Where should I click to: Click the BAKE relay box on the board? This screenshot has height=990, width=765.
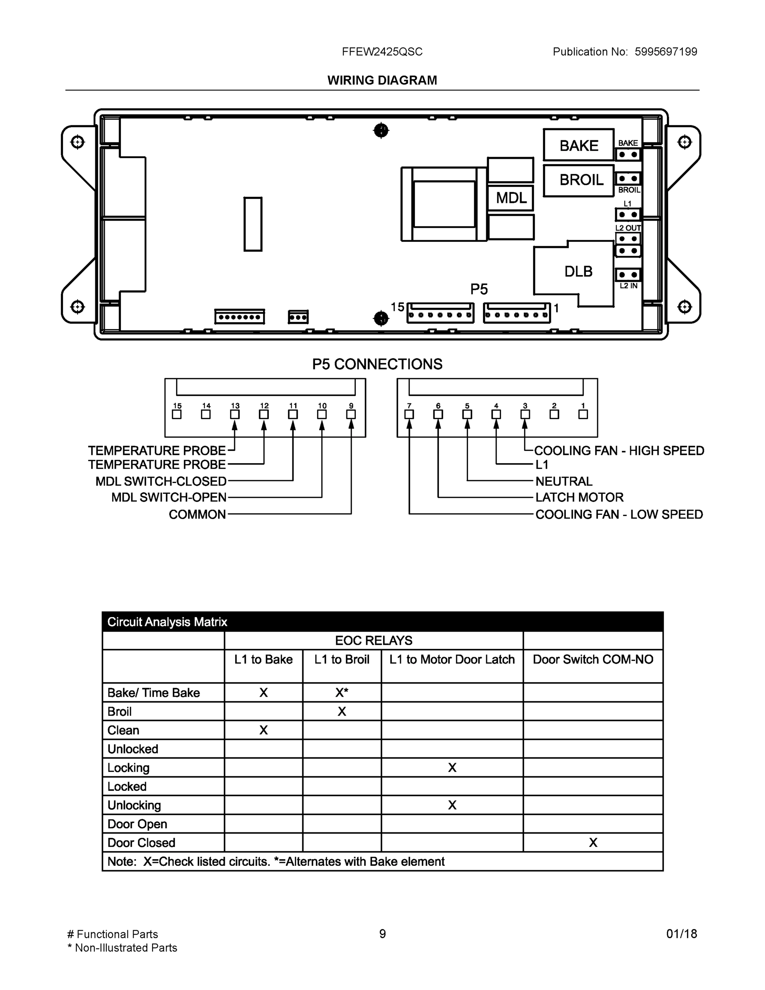click(579, 145)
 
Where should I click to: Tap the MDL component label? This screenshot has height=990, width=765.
click(511, 198)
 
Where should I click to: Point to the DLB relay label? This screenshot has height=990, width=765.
click(578, 271)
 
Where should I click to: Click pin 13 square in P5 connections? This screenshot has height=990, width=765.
click(235, 414)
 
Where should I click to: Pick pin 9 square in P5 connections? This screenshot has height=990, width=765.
click(351, 414)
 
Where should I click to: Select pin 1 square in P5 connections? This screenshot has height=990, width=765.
click(583, 414)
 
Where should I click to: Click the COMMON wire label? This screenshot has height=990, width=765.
click(197, 514)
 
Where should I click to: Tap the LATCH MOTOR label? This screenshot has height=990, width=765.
click(579, 497)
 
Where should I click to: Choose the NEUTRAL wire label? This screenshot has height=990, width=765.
click(564, 481)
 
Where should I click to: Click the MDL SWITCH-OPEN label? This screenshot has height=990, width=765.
click(169, 497)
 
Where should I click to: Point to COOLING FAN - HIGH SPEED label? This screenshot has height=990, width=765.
click(619, 450)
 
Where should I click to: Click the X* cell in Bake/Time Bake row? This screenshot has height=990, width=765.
click(342, 693)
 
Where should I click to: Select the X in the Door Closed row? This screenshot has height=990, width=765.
click(593, 843)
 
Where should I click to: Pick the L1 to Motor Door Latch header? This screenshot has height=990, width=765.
click(452, 660)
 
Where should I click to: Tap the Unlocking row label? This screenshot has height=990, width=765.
click(134, 805)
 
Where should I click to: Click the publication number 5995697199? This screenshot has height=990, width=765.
click(666, 52)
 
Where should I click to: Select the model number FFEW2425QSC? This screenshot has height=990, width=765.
click(382, 52)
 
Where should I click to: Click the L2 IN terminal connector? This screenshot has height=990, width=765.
click(628, 275)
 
